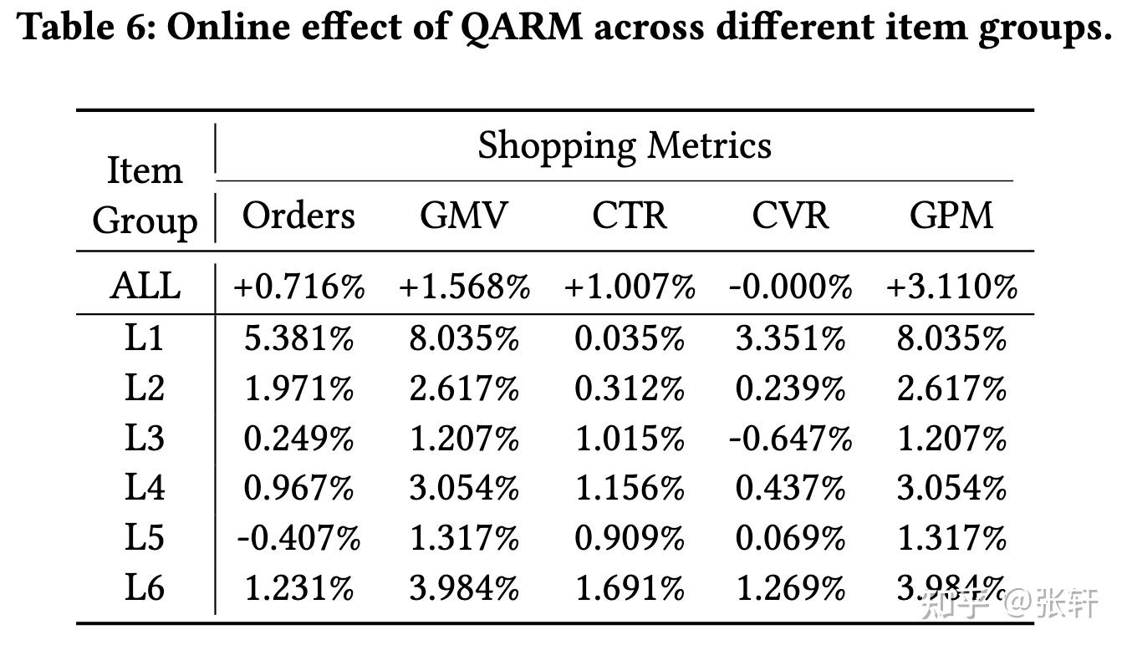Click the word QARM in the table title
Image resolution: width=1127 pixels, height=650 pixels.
coord(521,28)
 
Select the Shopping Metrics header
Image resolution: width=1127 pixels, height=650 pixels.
coord(624,145)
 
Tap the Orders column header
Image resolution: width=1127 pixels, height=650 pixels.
coord(298,215)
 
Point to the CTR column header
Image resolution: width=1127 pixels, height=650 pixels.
coord(630,215)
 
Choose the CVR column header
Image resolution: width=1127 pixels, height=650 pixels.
coord(790,215)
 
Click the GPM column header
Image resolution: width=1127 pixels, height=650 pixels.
coord(951,215)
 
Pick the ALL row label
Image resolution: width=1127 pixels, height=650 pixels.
coord(145,286)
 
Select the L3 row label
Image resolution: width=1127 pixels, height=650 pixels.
coord(145,438)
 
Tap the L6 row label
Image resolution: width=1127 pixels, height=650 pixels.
coord(145,588)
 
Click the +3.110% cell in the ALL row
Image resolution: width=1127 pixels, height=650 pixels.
coord(951,287)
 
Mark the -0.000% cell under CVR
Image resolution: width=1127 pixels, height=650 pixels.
coord(790,287)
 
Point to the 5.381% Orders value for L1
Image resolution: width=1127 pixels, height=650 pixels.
coord(298,338)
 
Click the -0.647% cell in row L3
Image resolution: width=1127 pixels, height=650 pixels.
coord(790,439)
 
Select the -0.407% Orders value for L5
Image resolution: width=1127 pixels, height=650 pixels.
coord(298,539)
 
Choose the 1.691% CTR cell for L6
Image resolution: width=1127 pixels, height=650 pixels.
coord(630,589)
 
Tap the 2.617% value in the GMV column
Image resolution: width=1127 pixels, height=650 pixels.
coord(464,388)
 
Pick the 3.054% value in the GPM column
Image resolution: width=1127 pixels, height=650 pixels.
coord(951,489)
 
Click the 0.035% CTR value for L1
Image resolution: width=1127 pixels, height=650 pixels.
coord(630,338)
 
